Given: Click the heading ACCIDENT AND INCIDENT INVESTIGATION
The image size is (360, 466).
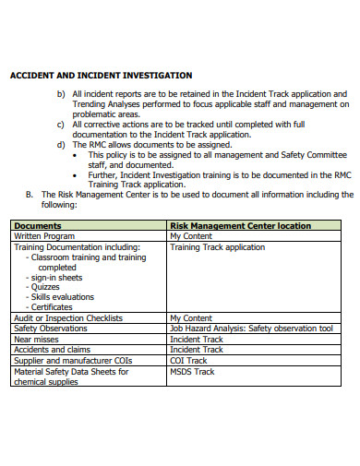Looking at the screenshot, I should [101, 76].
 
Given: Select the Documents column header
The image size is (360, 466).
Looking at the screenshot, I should [38, 225].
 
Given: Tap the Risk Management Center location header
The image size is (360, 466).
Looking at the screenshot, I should [240, 225].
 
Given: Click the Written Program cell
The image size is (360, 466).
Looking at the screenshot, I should [44, 236].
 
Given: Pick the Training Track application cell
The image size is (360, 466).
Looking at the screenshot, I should [218, 247].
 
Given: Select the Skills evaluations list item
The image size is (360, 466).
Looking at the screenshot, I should [64, 297].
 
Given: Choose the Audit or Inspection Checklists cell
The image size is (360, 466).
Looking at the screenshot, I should [68, 318].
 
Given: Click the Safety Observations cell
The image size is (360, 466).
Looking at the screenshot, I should [52, 329].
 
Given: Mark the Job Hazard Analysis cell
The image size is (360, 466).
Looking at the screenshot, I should [251, 329].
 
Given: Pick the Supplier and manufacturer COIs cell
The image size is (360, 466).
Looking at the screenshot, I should [67, 361].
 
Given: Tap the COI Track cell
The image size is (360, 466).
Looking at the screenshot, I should [189, 361].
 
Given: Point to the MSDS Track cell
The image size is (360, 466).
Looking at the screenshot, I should [192, 372].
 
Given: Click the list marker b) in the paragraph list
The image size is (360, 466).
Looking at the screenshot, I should [61, 94].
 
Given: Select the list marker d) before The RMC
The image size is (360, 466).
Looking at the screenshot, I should [61, 144].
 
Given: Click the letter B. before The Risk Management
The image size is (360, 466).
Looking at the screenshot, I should [30, 195].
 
